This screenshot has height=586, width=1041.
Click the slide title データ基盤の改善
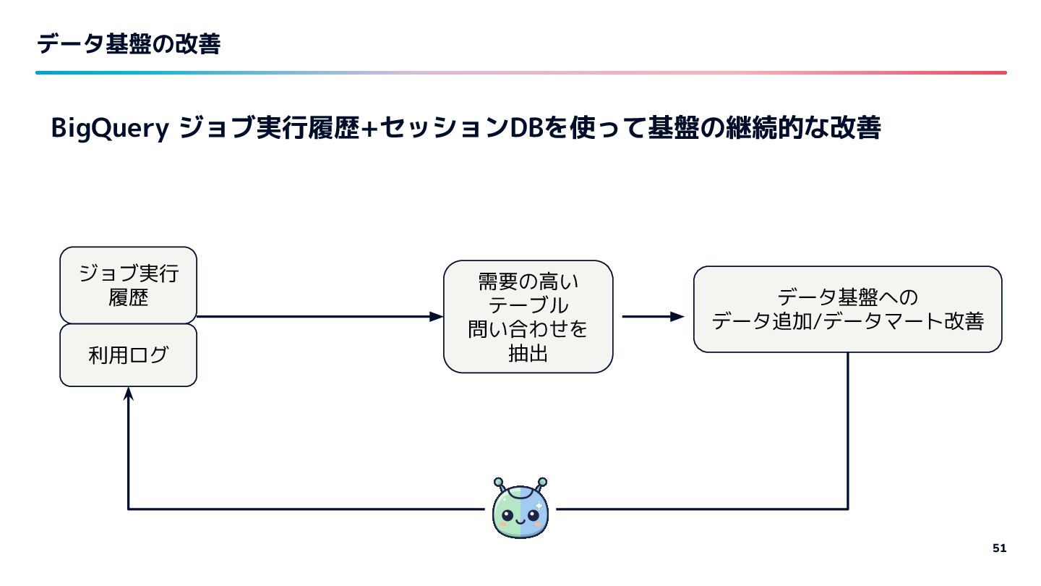(x=129, y=44)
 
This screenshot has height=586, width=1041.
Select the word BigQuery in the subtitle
(x=109, y=129)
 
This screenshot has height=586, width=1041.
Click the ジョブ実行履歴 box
(x=128, y=285)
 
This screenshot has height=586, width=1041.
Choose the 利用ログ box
(x=128, y=355)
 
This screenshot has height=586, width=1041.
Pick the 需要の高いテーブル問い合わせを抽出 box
(x=528, y=317)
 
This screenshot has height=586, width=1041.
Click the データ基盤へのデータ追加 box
(x=847, y=310)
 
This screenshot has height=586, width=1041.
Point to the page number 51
(x=998, y=548)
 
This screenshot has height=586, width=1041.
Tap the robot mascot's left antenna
(x=499, y=482)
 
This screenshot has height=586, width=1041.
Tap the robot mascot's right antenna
(x=541, y=482)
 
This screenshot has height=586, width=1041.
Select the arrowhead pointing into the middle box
(x=436, y=316)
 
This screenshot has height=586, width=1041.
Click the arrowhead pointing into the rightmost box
(x=677, y=317)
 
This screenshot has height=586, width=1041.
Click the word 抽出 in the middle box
(x=528, y=354)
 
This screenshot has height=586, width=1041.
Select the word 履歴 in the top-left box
(x=128, y=297)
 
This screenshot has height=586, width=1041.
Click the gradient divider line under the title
(x=520, y=72)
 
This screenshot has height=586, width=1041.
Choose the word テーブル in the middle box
(x=528, y=305)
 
